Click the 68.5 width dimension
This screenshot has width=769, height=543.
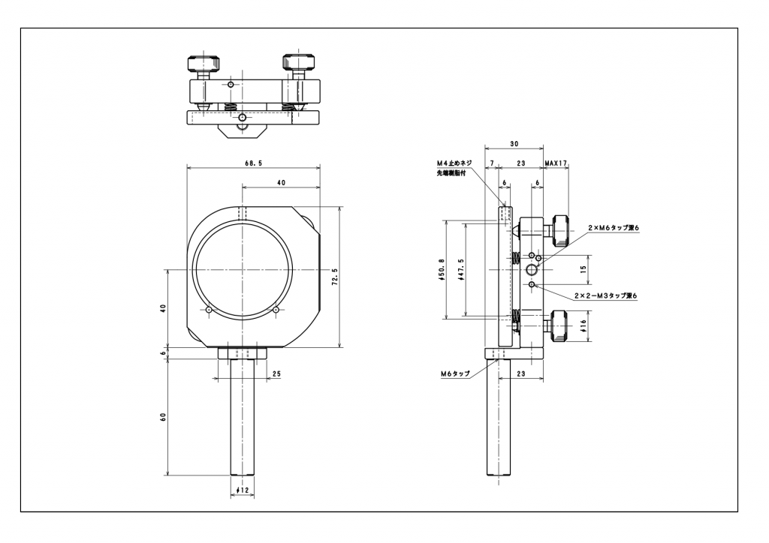253,163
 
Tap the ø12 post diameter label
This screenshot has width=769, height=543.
242,490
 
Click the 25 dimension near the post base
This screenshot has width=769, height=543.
276,373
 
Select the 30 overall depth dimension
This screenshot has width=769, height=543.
514,144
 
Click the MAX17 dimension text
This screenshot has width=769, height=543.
556,162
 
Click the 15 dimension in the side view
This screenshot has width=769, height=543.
583,268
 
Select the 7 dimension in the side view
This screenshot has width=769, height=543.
491,162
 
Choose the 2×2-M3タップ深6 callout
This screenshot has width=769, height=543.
605,296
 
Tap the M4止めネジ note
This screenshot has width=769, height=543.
454,163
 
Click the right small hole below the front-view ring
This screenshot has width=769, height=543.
276,310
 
